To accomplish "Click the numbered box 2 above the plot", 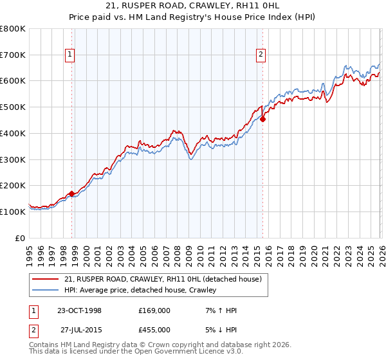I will point(261,55).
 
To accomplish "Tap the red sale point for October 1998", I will point(71,194).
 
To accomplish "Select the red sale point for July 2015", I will point(263,119).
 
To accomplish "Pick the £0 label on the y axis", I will point(19,238).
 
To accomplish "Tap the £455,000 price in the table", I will point(154,330).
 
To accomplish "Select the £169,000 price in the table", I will point(154,310).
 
